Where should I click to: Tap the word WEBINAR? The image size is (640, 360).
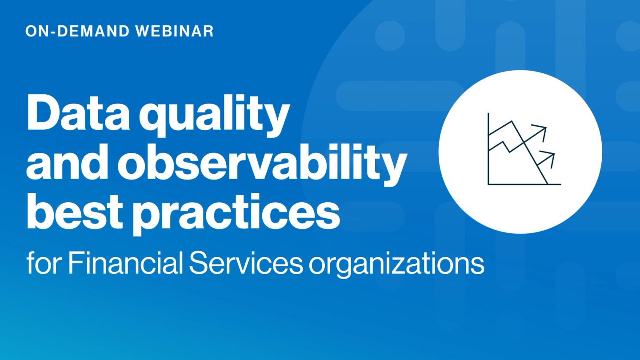(x=175, y=31)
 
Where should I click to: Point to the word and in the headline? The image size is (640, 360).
(x=68, y=161)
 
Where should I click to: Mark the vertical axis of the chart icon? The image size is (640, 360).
(x=488, y=148)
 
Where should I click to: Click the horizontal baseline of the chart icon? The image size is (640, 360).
(x=524, y=184)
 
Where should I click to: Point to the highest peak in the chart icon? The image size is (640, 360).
(x=512, y=122)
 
